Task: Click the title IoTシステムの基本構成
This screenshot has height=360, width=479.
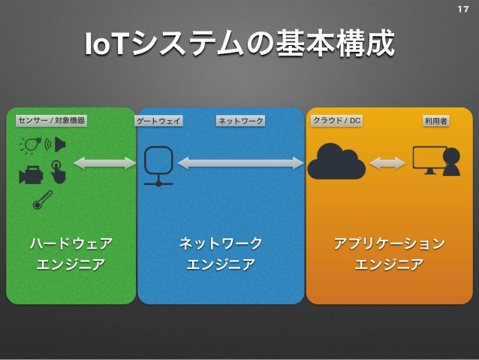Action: tap(239, 45)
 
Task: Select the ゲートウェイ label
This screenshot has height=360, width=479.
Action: tap(159, 121)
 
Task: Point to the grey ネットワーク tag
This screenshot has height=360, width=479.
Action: tap(240, 121)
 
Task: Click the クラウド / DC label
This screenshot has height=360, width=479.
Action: tap(336, 120)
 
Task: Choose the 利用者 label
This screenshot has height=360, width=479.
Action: tap(435, 121)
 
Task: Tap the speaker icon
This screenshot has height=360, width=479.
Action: tap(57, 144)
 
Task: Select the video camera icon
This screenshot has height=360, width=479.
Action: tap(31, 174)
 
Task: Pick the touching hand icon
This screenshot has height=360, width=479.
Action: tap(58, 171)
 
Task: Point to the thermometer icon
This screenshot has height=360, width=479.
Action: tap(42, 199)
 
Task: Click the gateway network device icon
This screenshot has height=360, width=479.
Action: tap(158, 165)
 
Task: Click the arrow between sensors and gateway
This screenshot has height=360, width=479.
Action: tap(104, 163)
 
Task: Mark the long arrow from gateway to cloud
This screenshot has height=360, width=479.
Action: tap(240, 163)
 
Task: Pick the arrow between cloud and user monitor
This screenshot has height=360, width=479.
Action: tap(387, 163)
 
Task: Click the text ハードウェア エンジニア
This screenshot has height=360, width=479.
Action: tap(71, 253)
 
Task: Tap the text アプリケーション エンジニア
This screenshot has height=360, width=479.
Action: tap(388, 253)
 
